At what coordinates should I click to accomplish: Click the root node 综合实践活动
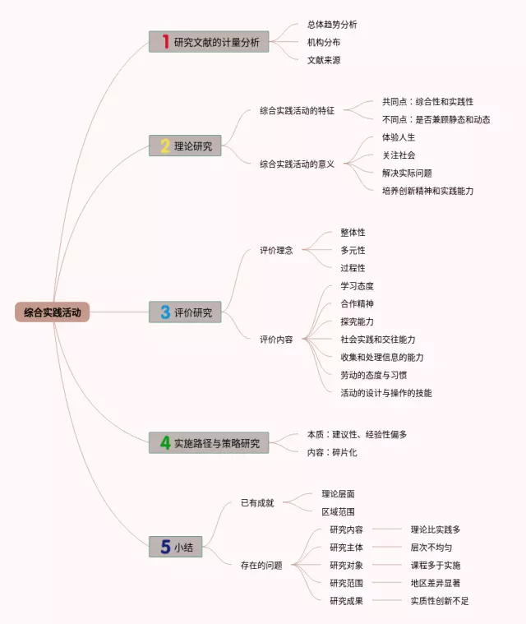pyautogui.click(x=52, y=312)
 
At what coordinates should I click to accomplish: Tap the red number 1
pyautogui.click(x=165, y=42)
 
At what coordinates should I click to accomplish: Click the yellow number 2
pyautogui.click(x=165, y=146)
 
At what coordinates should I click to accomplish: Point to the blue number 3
pyautogui.click(x=165, y=312)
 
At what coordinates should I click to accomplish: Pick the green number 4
pyautogui.click(x=165, y=443)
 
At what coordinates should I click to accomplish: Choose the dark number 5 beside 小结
pyautogui.click(x=165, y=547)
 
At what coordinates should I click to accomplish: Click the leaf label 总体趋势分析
pyautogui.click(x=332, y=25)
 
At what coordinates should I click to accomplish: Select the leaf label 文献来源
pyautogui.click(x=324, y=60)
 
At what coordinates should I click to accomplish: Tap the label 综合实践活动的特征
pyautogui.click(x=297, y=111)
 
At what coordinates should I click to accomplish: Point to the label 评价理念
pyautogui.click(x=276, y=251)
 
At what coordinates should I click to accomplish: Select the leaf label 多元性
pyautogui.click(x=353, y=250)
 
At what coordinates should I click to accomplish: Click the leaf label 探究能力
pyautogui.click(x=357, y=321)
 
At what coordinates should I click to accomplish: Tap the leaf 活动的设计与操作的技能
pyautogui.click(x=385, y=393)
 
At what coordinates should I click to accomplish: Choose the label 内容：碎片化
pyautogui.click(x=332, y=452)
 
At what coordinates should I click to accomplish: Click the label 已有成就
pyautogui.click(x=257, y=502)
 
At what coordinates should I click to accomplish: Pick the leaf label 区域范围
pyautogui.click(x=338, y=511)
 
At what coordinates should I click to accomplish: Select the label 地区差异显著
pyautogui.click(x=436, y=583)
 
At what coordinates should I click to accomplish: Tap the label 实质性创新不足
pyautogui.click(x=440, y=601)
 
